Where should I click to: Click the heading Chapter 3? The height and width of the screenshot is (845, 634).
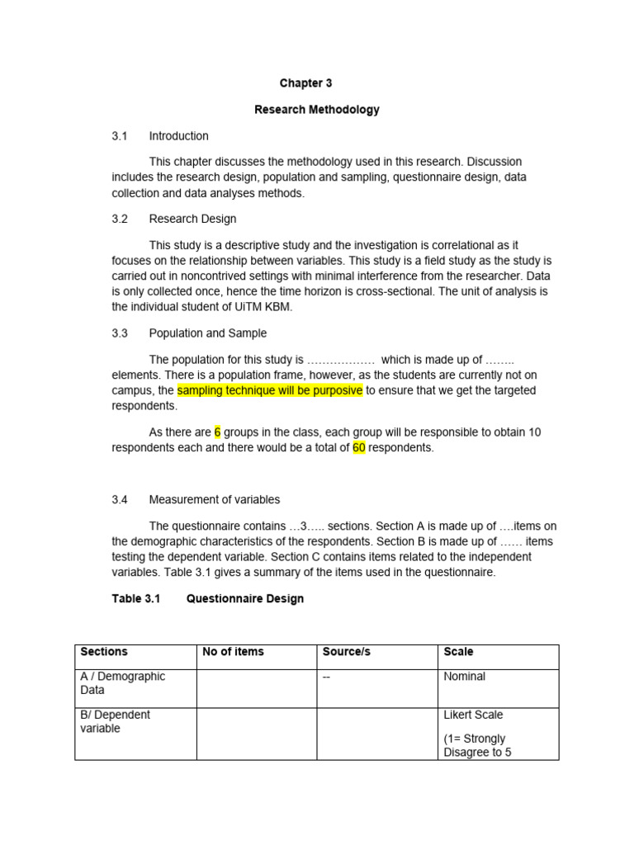tap(305, 83)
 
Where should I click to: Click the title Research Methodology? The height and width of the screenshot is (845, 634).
tap(317, 110)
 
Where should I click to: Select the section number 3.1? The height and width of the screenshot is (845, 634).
tap(120, 136)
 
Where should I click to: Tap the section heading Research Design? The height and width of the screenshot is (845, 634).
tap(192, 219)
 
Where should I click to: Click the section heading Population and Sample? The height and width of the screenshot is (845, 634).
tap(207, 333)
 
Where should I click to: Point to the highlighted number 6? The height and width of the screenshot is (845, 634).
tap(218, 432)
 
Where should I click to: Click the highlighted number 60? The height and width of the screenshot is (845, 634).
tap(359, 448)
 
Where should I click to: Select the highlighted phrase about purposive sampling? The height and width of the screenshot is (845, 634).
tap(269, 390)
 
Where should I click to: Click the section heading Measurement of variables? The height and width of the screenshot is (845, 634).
tap(214, 499)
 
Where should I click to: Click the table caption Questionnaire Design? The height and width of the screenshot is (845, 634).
tap(244, 598)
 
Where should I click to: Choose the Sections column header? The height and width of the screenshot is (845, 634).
tap(104, 652)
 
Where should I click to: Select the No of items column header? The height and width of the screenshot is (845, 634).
tap(233, 652)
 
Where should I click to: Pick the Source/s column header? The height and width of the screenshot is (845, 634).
tap(346, 652)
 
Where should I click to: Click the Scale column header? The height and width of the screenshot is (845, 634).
tap(458, 652)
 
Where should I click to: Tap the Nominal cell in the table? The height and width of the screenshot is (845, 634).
tap(464, 677)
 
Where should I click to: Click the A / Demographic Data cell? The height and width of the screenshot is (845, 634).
tap(122, 683)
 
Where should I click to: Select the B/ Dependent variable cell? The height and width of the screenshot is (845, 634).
tap(115, 722)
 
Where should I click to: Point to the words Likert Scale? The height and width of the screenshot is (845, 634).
tap(473, 715)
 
